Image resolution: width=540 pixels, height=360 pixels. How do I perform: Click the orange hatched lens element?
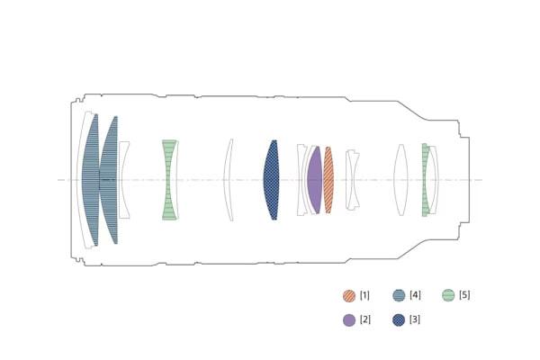(x=328, y=180)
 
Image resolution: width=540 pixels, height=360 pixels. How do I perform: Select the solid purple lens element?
(x=315, y=180)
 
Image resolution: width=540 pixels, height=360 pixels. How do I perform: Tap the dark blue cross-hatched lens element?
(x=272, y=180)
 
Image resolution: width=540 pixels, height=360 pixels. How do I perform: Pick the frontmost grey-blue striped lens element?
(x=91, y=180)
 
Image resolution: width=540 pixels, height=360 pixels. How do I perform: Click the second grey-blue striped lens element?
(x=109, y=180)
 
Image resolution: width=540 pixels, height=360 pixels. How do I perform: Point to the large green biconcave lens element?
(x=169, y=180)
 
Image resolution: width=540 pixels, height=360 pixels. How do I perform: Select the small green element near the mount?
(x=425, y=180)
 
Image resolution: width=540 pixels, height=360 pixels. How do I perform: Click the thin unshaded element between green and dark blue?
(x=227, y=180)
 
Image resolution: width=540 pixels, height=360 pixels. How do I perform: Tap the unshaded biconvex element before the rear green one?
(x=400, y=180)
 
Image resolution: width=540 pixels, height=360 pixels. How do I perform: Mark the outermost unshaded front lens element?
(x=79, y=180)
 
